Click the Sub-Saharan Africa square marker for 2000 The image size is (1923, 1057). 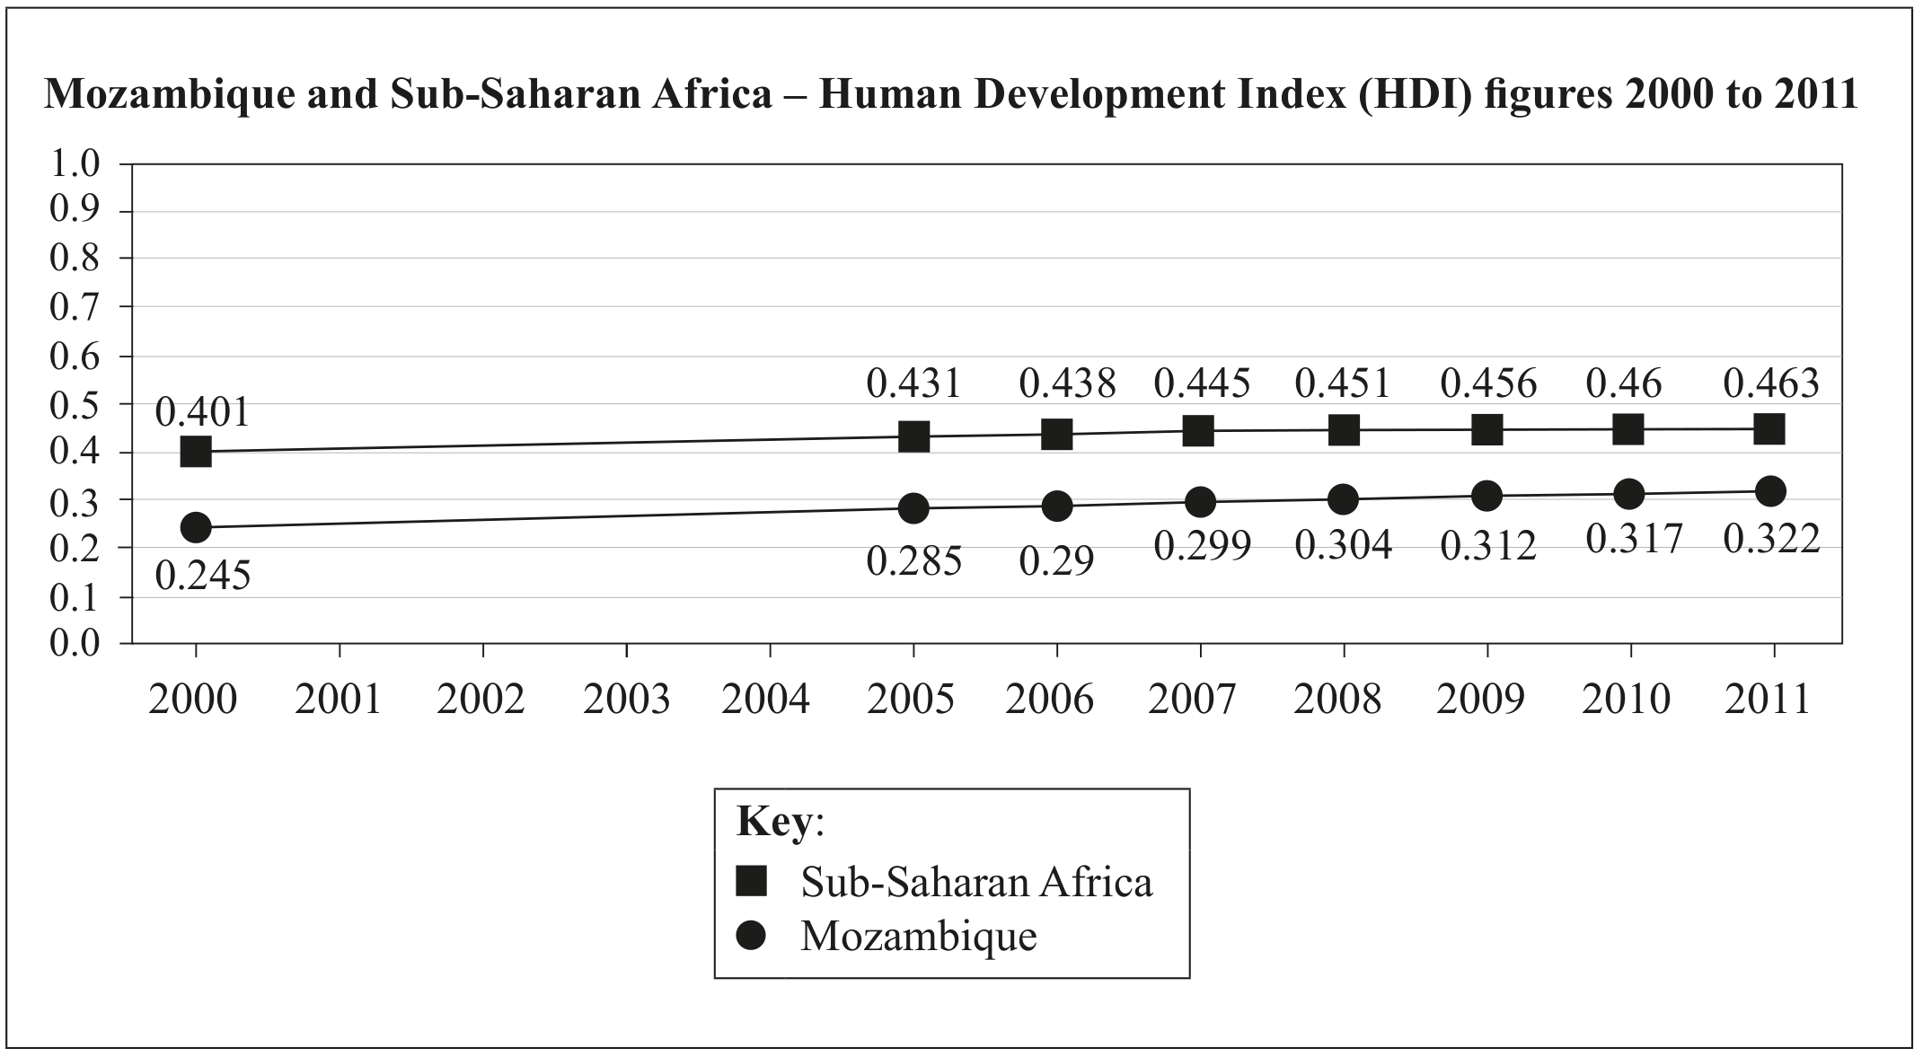click(196, 451)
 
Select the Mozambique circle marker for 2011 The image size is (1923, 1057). click(1770, 491)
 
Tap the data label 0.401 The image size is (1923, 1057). click(202, 412)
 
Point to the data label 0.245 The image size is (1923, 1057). click(203, 576)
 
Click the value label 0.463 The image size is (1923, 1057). click(1771, 383)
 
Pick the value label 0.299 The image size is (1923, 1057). click(1202, 546)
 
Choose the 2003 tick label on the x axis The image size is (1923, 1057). click(627, 699)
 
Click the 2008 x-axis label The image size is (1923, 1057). click(1337, 699)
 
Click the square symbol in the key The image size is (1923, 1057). click(751, 881)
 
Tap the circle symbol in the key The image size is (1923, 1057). click(751, 936)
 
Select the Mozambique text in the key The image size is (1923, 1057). click(919, 936)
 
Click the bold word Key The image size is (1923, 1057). click(774, 821)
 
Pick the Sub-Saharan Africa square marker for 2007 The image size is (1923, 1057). click(1198, 430)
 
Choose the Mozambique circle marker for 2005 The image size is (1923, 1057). click(913, 508)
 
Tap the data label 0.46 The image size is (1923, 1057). click(1624, 383)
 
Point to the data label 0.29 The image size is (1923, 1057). click(1056, 561)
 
